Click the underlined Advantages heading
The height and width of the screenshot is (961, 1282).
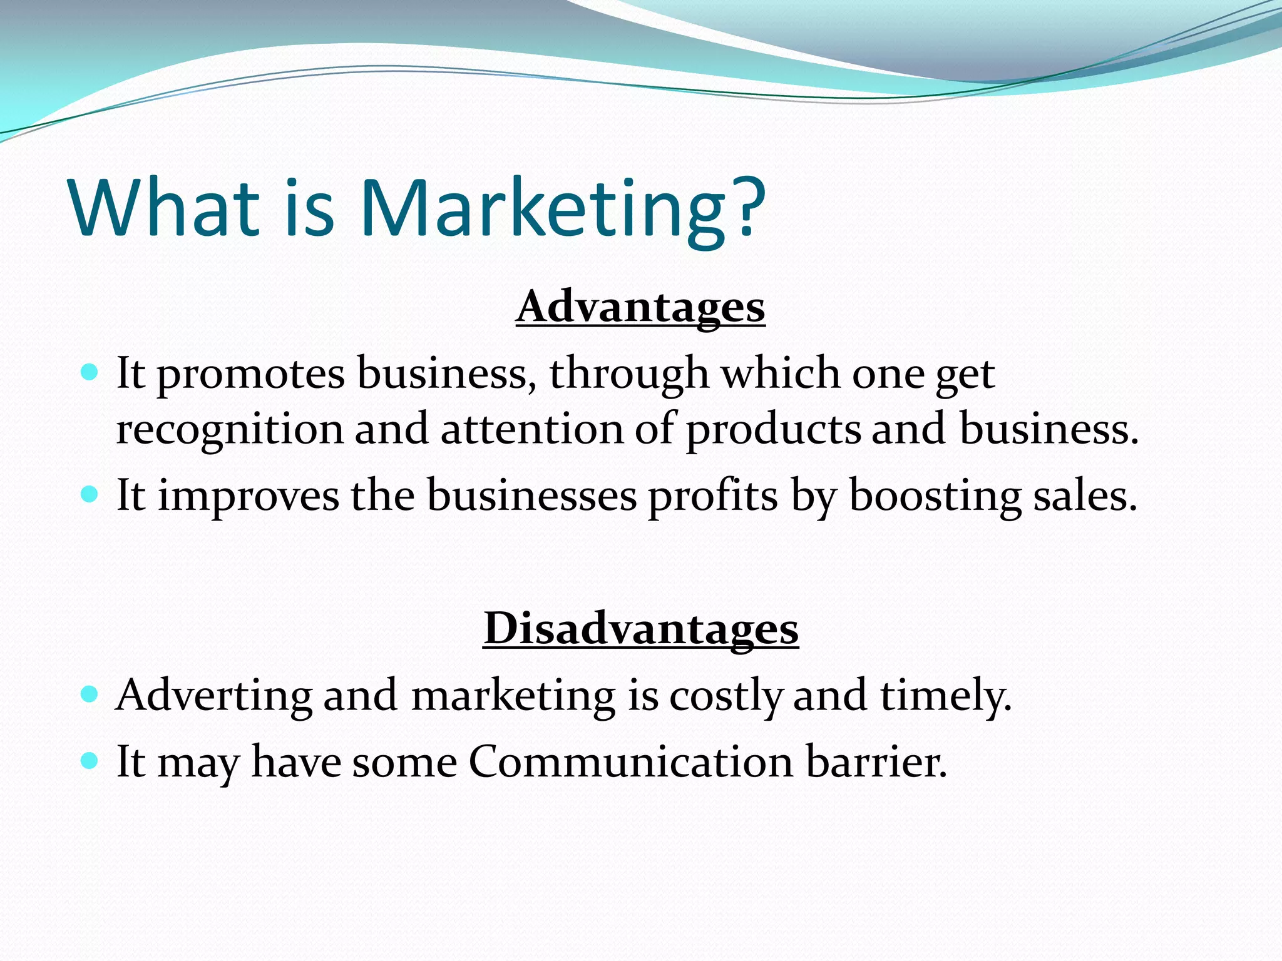(x=640, y=307)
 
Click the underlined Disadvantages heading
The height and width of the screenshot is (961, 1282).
(x=640, y=628)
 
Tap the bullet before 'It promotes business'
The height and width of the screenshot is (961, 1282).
(x=90, y=374)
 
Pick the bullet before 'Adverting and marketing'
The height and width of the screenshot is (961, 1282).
(x=90, y=694)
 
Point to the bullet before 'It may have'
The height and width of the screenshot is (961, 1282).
(x=90, y=761)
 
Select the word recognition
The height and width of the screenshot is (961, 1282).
(x=230, y=430)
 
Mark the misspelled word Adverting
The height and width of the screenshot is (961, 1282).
(x=214, y=696)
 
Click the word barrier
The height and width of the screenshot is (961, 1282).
(x=876, y=762)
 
